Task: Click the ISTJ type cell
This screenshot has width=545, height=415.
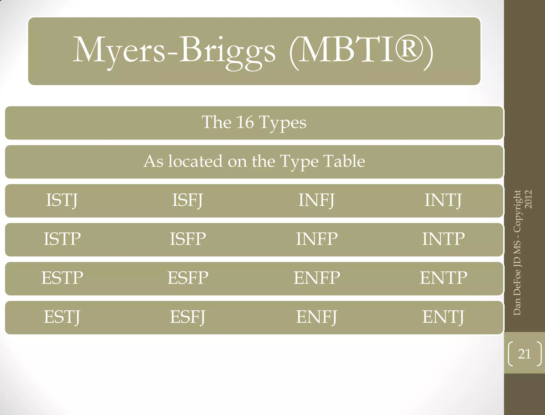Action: [x=62, y=200]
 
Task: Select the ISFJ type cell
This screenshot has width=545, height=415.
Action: [x=188, y=200]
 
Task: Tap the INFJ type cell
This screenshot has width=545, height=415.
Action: [x=316, y=200]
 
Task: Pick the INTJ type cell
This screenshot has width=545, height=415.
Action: [x=443, y=200]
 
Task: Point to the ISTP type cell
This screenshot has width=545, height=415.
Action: [x=62, y=239]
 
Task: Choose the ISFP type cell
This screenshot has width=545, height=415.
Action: [x=188, y=239]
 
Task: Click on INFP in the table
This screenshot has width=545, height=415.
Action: [x=317, y=239]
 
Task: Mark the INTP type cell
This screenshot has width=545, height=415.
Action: [x=443, y=239]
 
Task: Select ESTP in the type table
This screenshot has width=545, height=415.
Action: [x=62, y=278]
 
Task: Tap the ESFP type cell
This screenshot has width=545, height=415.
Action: [x=188, y=278]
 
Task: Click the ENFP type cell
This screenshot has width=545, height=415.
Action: [x=317, y=278]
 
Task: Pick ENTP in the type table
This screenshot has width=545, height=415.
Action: [x=443, y=278]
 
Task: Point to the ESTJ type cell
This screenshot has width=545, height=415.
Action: [x=62, y=317]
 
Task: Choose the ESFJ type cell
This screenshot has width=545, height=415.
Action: [x=188, y=317]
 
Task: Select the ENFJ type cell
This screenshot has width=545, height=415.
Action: [x=317, y=317]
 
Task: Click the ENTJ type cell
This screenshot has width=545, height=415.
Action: [x=443, y=317]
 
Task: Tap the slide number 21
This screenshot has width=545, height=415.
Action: [x=525, y=354]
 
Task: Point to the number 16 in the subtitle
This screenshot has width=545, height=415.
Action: [x=245, y=122]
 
